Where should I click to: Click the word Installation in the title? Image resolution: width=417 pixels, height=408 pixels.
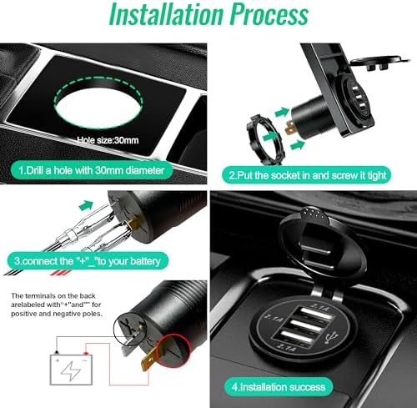166,14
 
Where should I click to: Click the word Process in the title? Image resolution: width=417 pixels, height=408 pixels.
269,14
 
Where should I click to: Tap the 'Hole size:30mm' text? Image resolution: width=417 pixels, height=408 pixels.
108,140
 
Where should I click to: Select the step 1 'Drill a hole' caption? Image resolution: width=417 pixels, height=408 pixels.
92,170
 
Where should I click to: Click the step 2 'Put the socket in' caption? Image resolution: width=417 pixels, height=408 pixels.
307,175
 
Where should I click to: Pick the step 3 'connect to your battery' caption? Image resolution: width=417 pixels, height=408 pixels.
88,261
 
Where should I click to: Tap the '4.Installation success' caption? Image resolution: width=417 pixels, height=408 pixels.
279,387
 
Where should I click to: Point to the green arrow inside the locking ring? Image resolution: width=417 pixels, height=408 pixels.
270,136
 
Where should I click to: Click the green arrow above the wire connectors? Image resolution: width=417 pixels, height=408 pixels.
86,205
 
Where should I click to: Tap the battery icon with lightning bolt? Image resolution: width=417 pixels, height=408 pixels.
71,370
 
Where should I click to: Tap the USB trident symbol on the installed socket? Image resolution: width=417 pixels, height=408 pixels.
331,337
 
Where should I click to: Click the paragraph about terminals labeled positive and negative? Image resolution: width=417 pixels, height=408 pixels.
57,305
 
